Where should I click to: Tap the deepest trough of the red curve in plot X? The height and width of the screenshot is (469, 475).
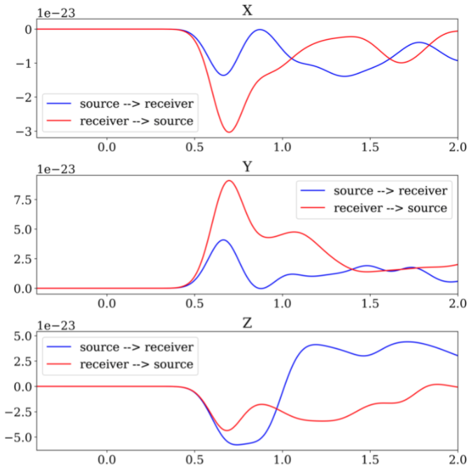click(229, 132)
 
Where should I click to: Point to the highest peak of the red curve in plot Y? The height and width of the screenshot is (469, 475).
click(228, 181)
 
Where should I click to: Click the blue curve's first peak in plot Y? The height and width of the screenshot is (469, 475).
click(222, 240)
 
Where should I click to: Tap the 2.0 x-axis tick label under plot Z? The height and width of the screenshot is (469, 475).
click(457, 460)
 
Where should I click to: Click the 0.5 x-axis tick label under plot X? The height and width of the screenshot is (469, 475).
click(194, 148)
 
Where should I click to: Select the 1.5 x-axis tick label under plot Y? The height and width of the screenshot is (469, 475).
click(369, 304)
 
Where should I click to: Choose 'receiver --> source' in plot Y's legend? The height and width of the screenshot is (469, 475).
click(390, 208)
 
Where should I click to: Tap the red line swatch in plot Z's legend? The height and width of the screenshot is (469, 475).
click(59, 364)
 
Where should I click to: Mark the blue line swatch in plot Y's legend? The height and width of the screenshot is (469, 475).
click(312, 190)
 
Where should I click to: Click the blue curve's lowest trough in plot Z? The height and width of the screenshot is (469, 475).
click(236, 444)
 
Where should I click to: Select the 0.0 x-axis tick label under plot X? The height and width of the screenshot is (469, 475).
click(106, 148)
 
